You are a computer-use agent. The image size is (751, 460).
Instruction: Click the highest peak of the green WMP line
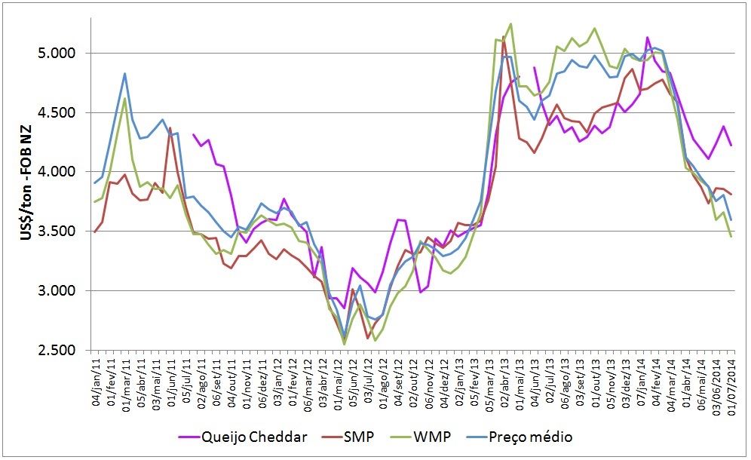[511, 23]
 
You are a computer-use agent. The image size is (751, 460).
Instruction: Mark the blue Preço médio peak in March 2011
[124, 73]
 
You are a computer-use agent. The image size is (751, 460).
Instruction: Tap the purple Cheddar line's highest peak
[647, 37]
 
